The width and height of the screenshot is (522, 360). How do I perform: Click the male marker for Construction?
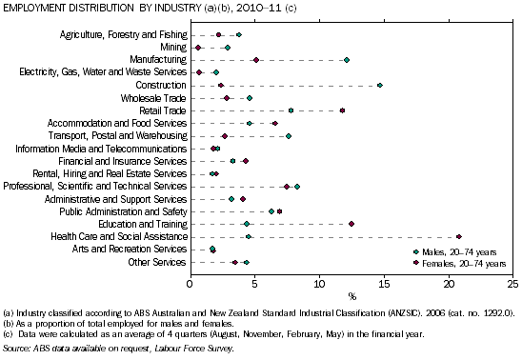click(380, 86)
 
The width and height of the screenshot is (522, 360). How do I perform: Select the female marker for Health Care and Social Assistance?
click(459, 236)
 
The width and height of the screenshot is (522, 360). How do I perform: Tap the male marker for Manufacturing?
click(347, 60)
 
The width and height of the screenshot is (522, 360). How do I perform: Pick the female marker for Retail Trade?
click(342, 110)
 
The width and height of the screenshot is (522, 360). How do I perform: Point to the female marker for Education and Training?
click(351, 224)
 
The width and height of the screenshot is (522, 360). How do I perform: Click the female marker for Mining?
click(198, 48)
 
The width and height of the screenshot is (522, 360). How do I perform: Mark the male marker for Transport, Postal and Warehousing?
click(289, 136)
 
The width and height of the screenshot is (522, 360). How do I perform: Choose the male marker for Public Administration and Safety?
click(271, 211)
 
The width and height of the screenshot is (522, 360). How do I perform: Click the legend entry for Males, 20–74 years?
click(454, 251)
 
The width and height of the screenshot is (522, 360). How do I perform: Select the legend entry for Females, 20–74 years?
click(459, 264)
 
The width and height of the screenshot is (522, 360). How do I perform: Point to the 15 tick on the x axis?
click(385, 274)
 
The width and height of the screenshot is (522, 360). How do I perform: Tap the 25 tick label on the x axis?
click(513, 284)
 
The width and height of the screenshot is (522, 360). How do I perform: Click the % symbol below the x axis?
click(352, 296)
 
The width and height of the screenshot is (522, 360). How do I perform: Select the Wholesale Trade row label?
click(153, 98)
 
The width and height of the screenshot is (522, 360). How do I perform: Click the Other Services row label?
click(157, 262)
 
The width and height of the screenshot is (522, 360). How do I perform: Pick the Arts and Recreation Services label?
click(130, 249)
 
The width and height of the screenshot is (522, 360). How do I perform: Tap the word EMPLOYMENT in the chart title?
click(34, 8)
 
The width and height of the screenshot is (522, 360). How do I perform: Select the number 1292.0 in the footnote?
click(498, 313)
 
